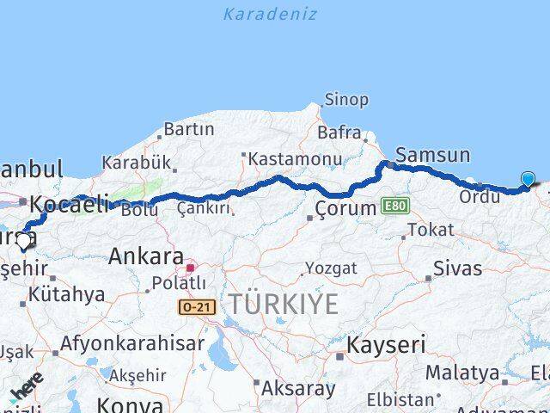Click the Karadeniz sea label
269,14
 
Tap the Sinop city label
347,100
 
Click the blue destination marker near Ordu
527,179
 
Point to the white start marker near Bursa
23,243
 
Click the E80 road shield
396,206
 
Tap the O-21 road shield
197,306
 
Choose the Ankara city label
145,256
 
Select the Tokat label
431,230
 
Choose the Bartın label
188,129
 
